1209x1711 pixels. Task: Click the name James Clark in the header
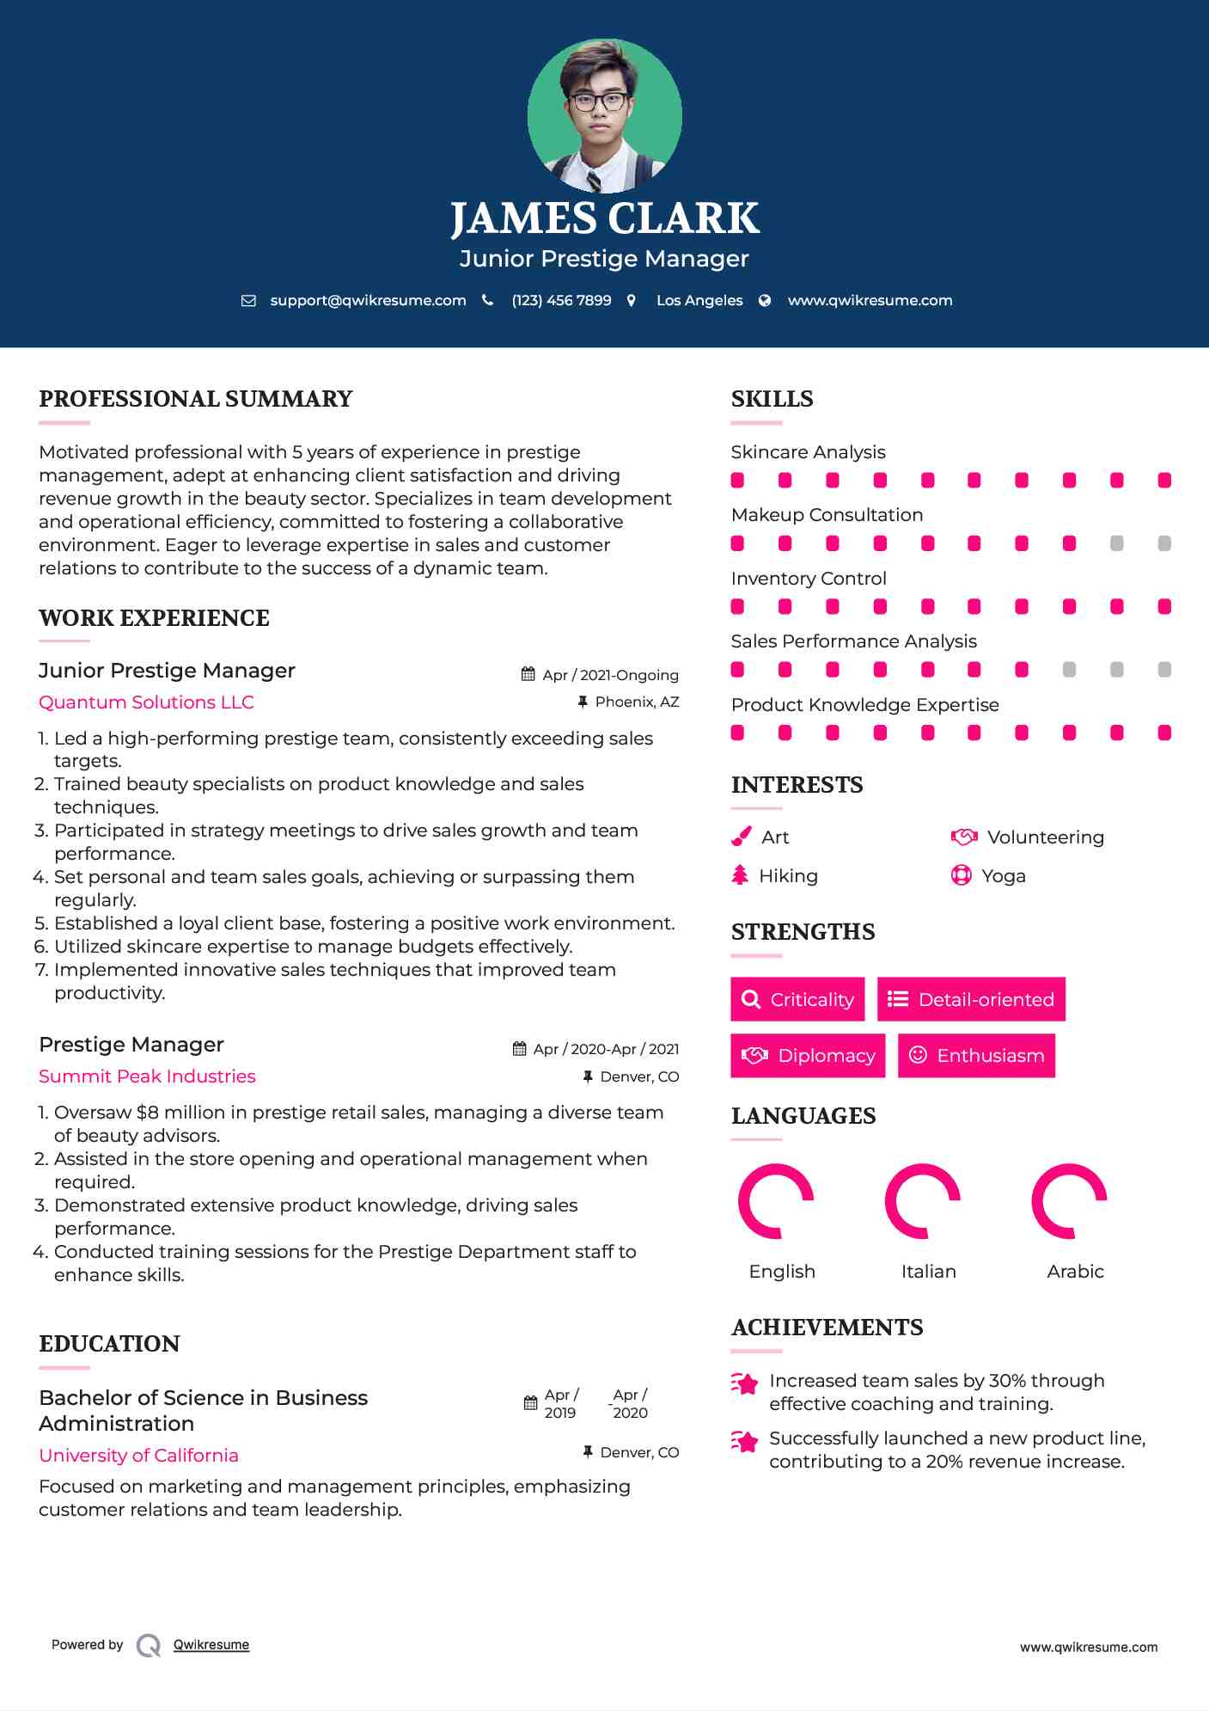[604, 218]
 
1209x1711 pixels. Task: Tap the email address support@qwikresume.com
[368, 300]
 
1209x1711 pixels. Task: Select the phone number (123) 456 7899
[561, 300]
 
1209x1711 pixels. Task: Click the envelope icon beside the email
[248, 300]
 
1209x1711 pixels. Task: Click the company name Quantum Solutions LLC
[146, 702]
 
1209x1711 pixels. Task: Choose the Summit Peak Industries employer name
[147, 1076]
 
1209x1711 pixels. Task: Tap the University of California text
[138, 1455]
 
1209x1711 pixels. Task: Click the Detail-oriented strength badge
[971, 999]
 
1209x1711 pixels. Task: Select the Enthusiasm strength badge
[976, 1055]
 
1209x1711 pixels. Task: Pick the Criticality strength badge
[797, 999]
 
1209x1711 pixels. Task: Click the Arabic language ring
[1069, 1201]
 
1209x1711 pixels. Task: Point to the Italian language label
[928, 1271]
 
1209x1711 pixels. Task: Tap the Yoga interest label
[1004, 875]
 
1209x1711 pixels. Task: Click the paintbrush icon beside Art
[741, 837]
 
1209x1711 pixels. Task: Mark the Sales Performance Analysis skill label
[853, 641]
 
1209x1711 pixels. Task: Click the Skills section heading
[772, 399]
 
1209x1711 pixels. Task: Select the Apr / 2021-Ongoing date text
[610, 675]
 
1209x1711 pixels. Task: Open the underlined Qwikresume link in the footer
[211, 1645]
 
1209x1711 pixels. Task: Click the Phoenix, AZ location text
[637, 702]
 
